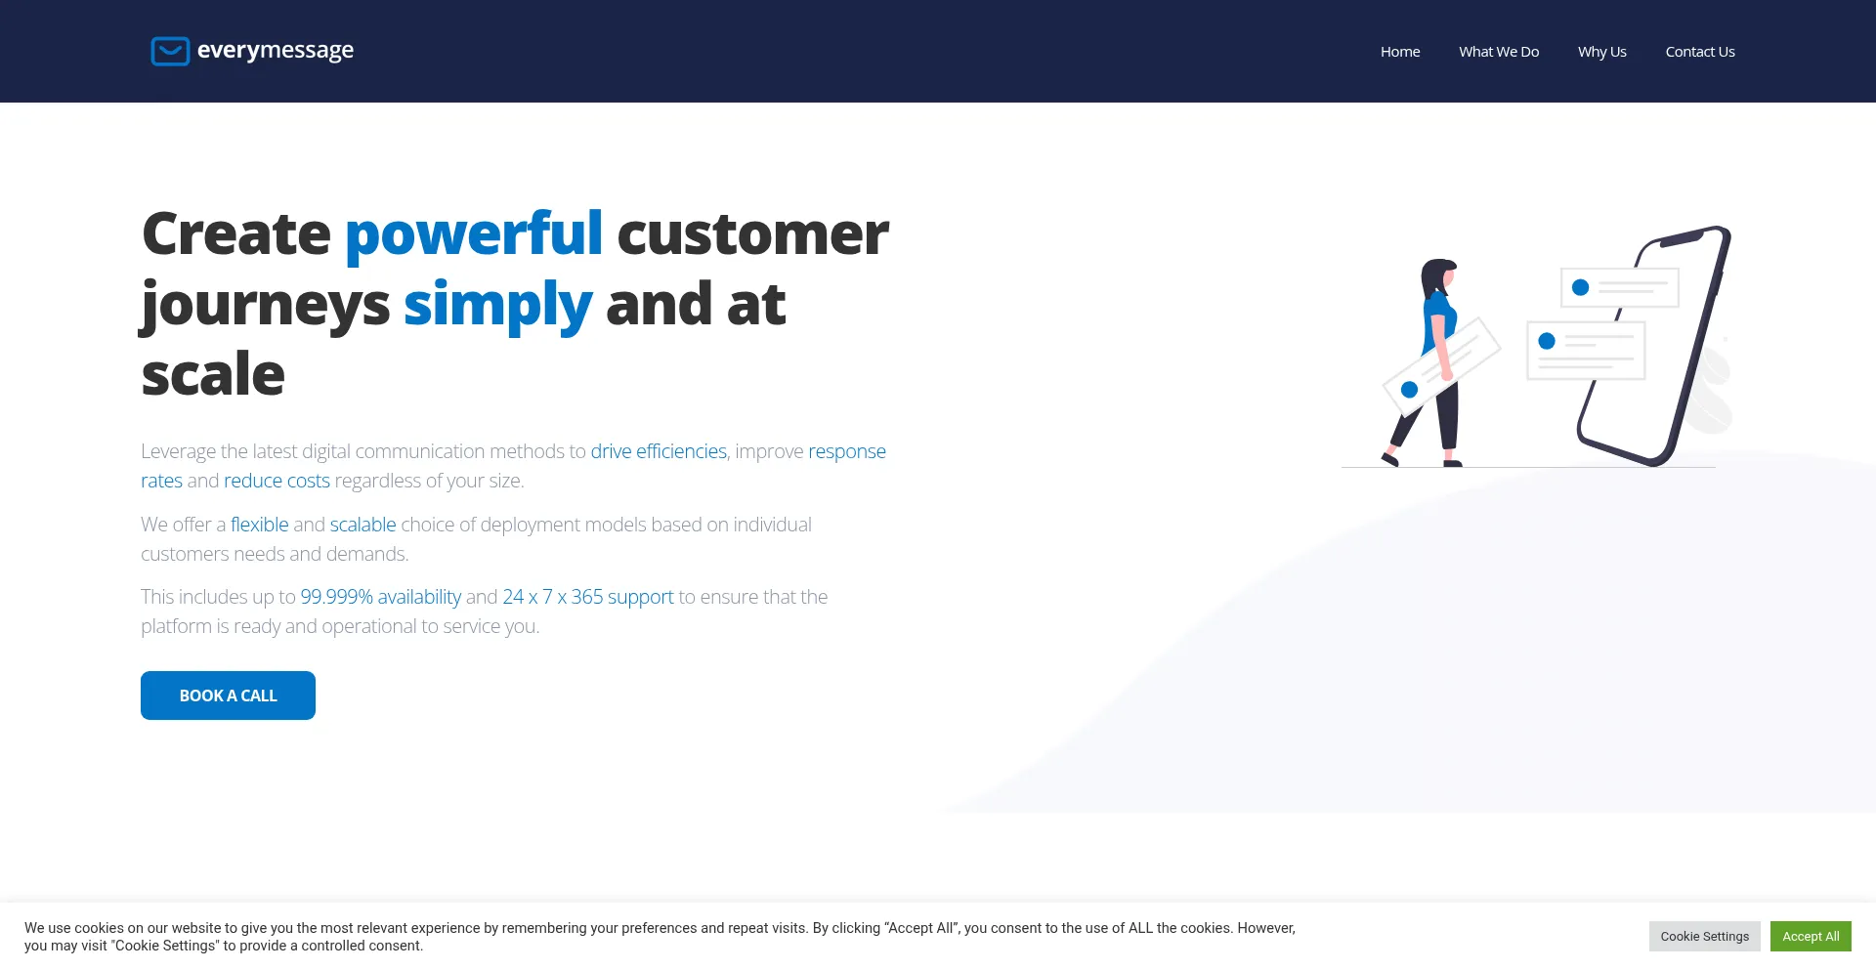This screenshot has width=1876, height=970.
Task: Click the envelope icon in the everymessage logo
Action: pyautogui.click(x=170, y=51)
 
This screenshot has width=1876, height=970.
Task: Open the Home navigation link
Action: pyautogui.click(x=1400, y=52)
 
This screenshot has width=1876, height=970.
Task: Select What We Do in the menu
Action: pyautogui.click(x=1499, y=52)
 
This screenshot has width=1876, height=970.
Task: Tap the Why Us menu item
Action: pyautogui.click(x=1602, y=52)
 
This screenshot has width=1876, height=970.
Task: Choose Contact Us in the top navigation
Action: pyautogui.click(x=1700, y=52)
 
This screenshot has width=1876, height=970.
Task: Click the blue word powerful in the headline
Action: pyautogui.click(x=474, y=235)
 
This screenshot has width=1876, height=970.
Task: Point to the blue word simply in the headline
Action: pyautogui.click(x=498, y=306)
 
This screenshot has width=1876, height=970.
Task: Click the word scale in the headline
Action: pyautogui.click(x=213, y=374)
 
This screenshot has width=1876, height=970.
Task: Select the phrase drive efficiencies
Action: pyautogui.click(x=659, y=451)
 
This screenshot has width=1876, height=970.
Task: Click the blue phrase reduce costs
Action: pyautogui.click(x=277, y=481)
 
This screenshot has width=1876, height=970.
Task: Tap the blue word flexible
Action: pyautogui.click(x=260, y=525)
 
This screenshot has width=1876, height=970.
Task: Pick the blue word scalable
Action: pyautogui.click(x=362, y=525)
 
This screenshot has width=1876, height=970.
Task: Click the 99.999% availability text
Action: pyautogui.click(x=381, y=597)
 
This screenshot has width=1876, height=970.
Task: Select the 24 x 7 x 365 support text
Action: pyautogui.click(x=588, y=597)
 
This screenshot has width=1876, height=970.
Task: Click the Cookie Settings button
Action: pyautogui.click(x=1705, y=936)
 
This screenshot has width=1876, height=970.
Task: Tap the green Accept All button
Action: pyautogui.click(x=1811, y=936)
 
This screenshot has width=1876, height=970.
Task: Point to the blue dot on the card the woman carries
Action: pyautogui.click(x=1409, y=390)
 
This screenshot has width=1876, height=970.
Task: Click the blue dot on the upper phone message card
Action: pyautogui.click(x=1580, y=287)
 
